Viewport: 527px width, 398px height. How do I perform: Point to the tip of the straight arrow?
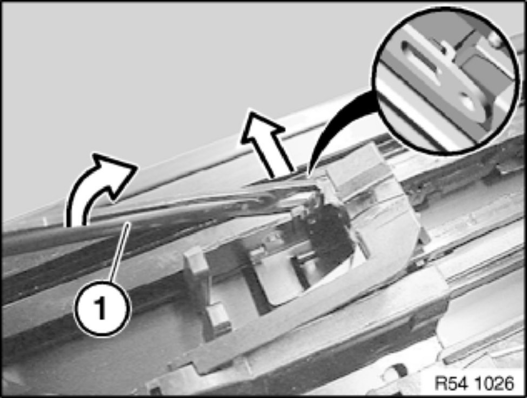click(x=250, y=110)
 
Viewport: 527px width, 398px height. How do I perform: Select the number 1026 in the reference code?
click(x=495, y=383)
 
